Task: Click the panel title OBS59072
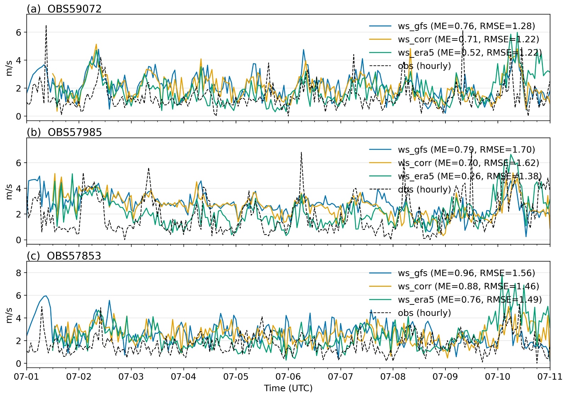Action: tap(74, 9)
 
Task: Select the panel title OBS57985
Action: tap(74, 132)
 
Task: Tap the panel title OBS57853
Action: tap(74, 256)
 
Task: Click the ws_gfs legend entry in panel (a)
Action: tap(466, 26)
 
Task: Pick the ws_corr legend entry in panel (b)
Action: tap(468, 163)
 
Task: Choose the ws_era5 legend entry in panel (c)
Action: tap(470, 300)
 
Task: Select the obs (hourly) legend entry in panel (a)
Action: tap(424, 66)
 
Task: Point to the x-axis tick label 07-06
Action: tap(288, 376)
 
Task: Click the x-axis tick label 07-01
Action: tap(27, 376)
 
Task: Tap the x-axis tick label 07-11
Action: tap(550, 376)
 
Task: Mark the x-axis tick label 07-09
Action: tap(445, 376)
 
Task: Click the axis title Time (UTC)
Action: tap(288, 388)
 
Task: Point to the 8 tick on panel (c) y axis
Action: tap(18, 273)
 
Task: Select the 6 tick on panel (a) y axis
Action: tap(18, 32)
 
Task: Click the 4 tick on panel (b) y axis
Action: tap(18, 189)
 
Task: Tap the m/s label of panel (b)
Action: tap(9, 191)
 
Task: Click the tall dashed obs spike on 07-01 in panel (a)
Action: tap(46, 26)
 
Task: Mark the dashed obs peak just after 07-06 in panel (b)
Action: tap(301, 153)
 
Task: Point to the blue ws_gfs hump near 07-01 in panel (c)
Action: tap(45, 296)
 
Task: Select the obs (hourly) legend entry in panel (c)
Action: tap(424, 313)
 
